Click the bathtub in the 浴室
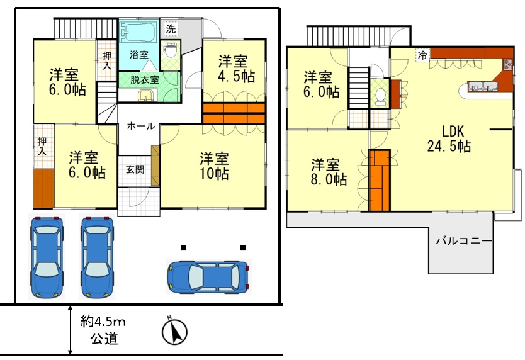tap(138, 32)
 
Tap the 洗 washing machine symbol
tap(171, 29)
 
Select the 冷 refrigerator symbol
tap(423, 55)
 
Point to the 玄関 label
tap(135, 169)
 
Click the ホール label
tap(141, 127)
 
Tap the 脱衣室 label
tap(145, 80)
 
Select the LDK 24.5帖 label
tap(449, 138)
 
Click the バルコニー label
tap(464, 241)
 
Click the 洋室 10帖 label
tap(214, 166)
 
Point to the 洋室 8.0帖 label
tap(329, 172)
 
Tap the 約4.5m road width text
tap(103, 322)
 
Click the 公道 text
tap(104, 339)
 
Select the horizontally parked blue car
tap(209, 277)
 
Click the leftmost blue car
tap(47, 257)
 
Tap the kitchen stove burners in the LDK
tap(507, 64)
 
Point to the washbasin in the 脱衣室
tap(146, 95)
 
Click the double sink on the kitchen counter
tap(482, 86)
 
